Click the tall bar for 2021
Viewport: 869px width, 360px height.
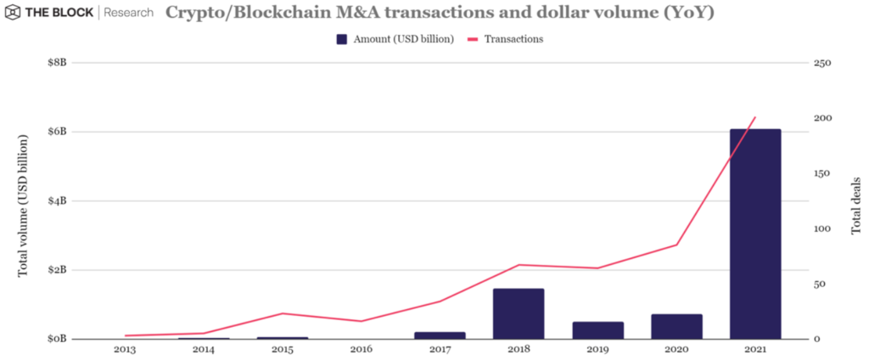755,233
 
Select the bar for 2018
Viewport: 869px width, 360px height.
519,313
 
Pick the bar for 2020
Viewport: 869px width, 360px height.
676,326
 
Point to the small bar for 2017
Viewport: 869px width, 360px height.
440,335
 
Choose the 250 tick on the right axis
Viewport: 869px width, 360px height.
821,63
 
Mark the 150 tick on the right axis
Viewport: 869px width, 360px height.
821,173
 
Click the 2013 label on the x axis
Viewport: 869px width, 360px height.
124,349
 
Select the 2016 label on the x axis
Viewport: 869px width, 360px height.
361,349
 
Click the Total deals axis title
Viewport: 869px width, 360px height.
855,201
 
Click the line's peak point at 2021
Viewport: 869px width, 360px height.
755,117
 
